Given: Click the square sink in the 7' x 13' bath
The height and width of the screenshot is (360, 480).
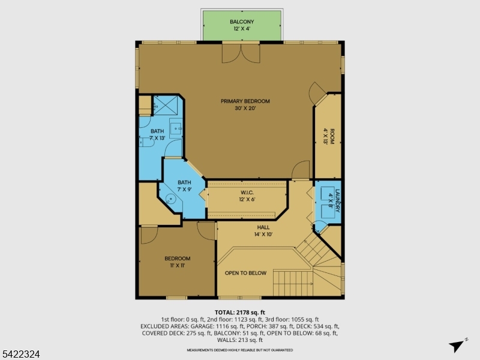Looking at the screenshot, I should [x=176, y=127].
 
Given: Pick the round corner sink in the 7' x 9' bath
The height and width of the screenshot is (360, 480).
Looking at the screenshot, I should [x=171, y=199].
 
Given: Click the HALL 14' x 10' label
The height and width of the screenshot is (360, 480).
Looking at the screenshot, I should [x=263, y=231].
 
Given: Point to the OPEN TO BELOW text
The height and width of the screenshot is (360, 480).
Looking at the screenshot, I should [x=245, y=273].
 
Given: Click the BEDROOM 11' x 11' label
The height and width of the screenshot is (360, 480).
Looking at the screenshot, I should [x=178, y=262].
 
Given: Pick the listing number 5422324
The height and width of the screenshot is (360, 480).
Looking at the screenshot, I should [x=20, y=355].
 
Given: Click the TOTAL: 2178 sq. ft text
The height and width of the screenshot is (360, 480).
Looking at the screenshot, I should [x=240, y=313].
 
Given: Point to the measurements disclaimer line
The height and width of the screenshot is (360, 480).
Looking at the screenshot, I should [x=240, y=350].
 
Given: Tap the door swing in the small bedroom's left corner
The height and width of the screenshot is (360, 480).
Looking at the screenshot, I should [x=148, y=235].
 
